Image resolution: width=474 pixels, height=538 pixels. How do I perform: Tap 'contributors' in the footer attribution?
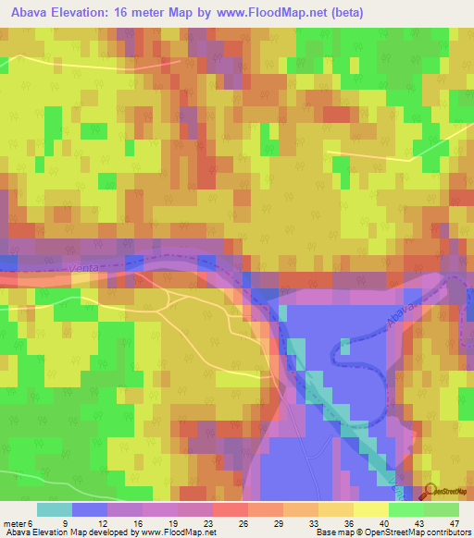tap(443, 532)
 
